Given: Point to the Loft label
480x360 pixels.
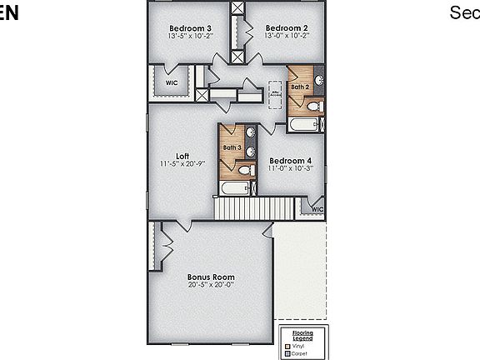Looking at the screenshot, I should (x=182, y=156).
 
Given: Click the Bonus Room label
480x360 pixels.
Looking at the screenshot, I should (x=211, y=277).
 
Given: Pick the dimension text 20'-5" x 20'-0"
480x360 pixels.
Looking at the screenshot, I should (x=211, y=284).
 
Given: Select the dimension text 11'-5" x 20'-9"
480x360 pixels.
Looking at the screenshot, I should (x=182, y=163).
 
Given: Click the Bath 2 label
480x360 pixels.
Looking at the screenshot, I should (x=300, y=87).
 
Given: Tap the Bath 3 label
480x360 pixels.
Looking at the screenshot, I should (x=232, y=148).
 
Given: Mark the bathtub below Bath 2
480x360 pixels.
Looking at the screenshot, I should (x=305, y=125).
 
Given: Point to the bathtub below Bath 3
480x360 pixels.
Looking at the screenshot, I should (x=235, y=188).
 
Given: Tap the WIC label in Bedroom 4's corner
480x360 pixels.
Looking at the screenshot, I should (x=317, y=209).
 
